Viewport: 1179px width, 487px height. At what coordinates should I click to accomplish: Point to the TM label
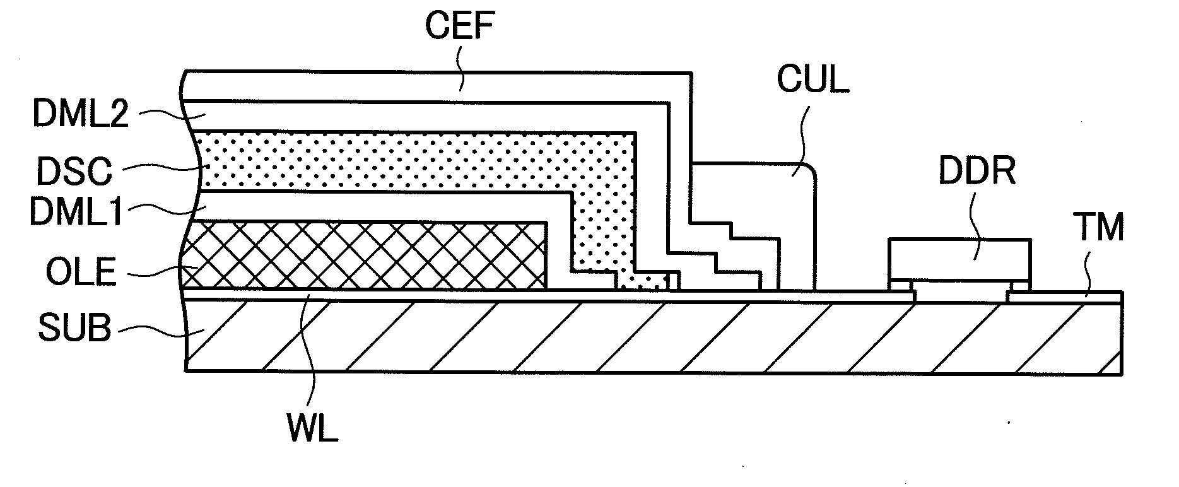click(1100, 229)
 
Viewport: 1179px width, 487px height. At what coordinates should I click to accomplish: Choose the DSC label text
click(74, 172)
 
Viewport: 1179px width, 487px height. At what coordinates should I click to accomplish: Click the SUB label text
click(74, 328)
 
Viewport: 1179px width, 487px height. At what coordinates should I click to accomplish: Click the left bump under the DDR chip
click(900, 286)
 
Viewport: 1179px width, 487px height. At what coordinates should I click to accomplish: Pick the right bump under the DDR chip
click(1020, 286)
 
